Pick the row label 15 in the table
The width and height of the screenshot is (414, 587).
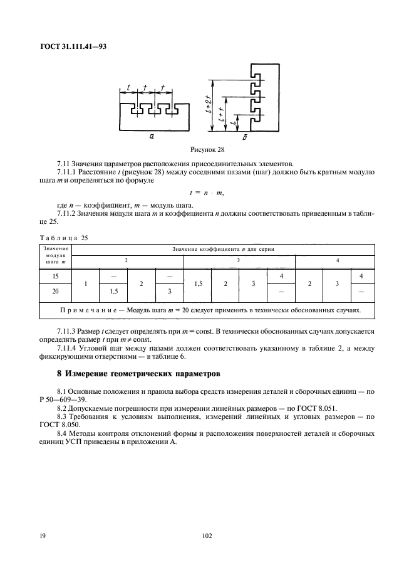[x=56, y=276]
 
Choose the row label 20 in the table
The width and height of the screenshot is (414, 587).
[x=56, y=292]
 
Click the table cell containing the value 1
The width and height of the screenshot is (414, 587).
[x=86, y=284]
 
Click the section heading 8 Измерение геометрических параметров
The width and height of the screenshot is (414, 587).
[x=138, y=375]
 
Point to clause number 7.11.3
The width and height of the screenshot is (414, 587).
[x=67, y=331]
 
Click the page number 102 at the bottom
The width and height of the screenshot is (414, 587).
[x=207, y=536]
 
